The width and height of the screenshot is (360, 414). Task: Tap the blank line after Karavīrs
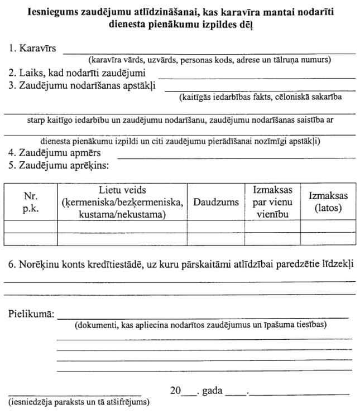[209, 53]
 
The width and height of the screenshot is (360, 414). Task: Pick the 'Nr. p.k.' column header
[30, 201]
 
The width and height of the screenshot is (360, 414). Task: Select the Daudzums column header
[216, 201]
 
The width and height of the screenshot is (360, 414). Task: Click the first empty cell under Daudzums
[216, 227]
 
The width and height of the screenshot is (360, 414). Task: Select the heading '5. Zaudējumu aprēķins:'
[58, 165]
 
